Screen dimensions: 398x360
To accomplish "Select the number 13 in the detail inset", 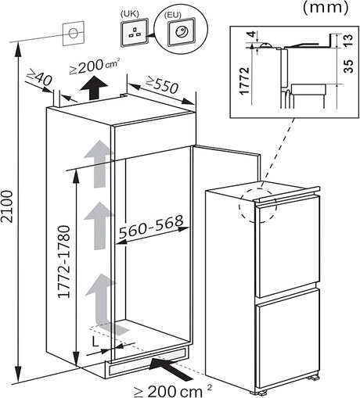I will (x=346, y=40).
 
